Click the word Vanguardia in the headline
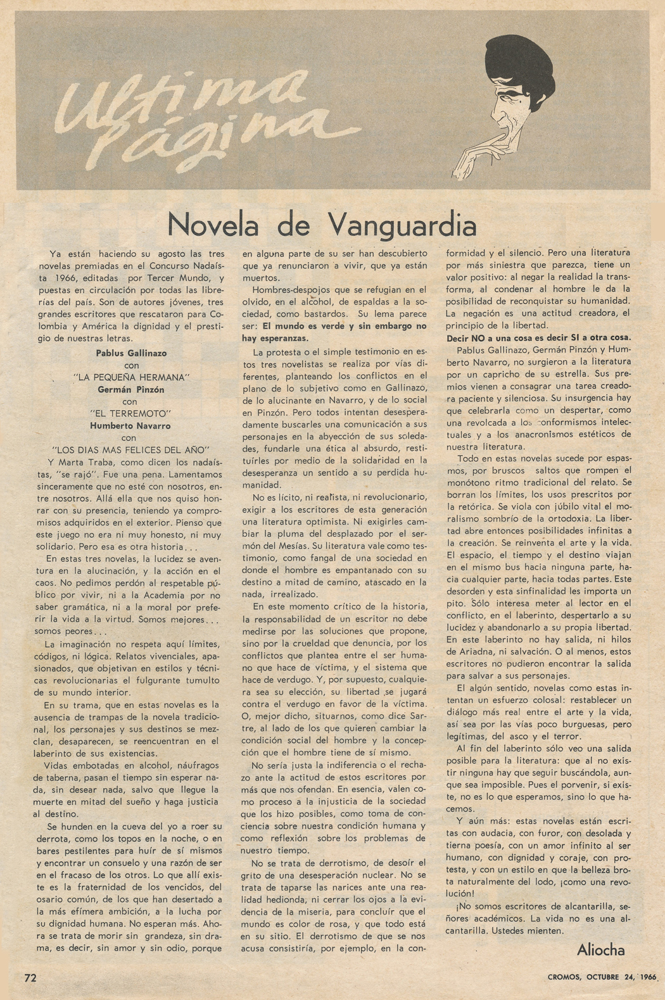click(402, 225)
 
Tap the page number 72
click(30, 977)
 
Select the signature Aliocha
click(600, 949)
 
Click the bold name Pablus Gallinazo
click(131, 353)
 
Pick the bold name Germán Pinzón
click(130, 390)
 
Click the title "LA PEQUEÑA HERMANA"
click(133, 377)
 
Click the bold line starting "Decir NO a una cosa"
click(538, 338)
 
